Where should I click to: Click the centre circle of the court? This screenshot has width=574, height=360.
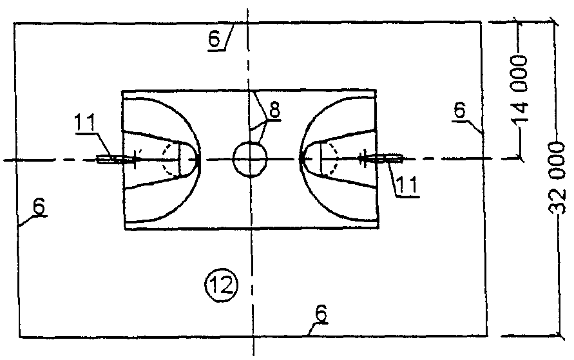(249, 159)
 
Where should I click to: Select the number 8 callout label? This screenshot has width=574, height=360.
(274, 109)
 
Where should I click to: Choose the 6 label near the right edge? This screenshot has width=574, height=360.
(459, 110)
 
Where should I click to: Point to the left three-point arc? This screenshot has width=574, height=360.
(188, 122)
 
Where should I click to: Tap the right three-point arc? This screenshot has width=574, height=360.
(312, 122)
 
